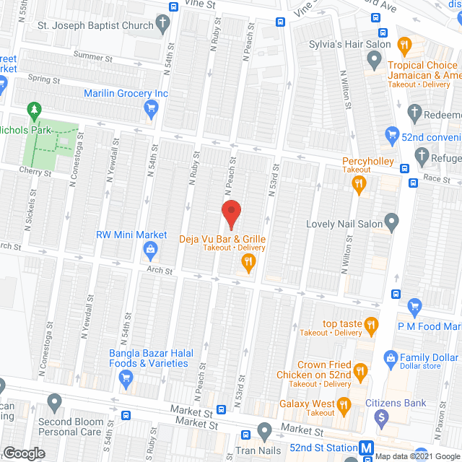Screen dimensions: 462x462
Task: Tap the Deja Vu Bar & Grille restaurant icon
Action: [x=248, y=263]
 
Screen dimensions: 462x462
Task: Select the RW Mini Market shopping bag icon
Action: [x=151, y=250]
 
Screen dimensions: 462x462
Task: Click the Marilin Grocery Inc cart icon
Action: [x=151, y=109]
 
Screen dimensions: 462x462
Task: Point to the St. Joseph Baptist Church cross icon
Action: [x=164, y=25]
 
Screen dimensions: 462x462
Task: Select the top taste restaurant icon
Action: [x=372, y=324]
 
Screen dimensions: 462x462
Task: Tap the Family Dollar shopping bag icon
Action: [x=391, y=357]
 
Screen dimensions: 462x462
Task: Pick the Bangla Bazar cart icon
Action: [x=126, y=377]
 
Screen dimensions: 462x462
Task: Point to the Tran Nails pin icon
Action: [x=263, y=432]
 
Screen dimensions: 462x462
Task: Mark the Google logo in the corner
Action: [x=23, y=453]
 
